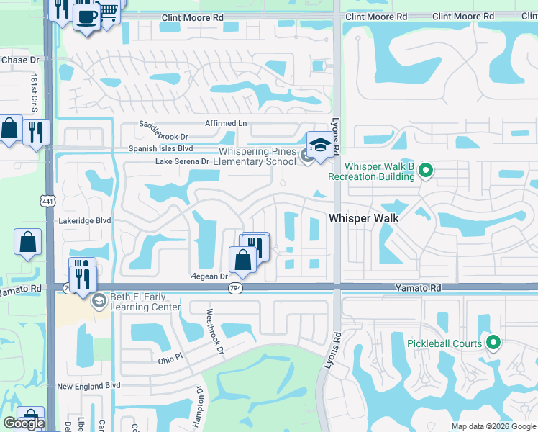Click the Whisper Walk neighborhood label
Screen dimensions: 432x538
tap(364, 217)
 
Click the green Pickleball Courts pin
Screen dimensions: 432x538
tap(493, 343)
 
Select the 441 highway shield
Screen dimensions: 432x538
tap(47, 197)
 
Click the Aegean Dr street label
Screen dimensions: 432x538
tap(209, 276)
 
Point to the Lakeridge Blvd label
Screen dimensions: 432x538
tap(85, 221)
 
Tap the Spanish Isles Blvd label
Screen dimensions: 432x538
tap(161, 148)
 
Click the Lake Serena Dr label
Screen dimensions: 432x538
tap(182, 162)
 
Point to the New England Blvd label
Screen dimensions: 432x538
tap(88, 386)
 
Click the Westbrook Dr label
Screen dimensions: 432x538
tap(214, 332)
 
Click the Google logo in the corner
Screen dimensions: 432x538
tap(24, 423)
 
